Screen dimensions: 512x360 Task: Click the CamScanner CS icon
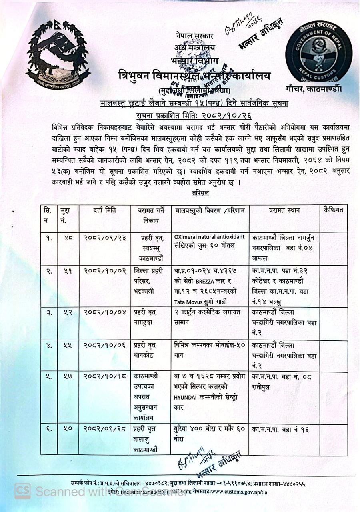click(x=22, y=491)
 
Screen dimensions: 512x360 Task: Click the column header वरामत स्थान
click(x=284, y=210)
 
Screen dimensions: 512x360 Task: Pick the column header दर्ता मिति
click(x=105, y=210)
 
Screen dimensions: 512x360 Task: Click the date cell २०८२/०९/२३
click(x=105, y=238)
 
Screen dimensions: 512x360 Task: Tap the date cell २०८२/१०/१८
click(x=105, y=377)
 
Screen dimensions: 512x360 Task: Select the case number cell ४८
click(x=68, y=238)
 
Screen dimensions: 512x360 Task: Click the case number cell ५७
click(x=68, y=377)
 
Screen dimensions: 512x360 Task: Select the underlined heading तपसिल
click(x=200, y=193)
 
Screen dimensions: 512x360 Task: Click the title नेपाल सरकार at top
click(x=194, y=36)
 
